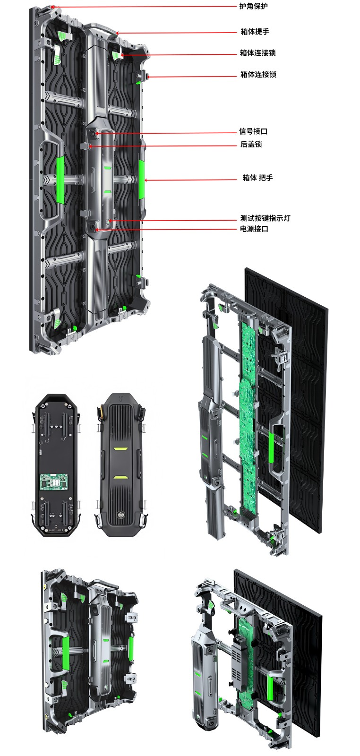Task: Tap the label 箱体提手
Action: (x=255, y=32)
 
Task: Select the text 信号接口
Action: (x=253, y=131)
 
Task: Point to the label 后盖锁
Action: (x=251, y=144)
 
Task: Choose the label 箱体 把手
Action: (x=257, y=178)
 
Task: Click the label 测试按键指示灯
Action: (x=265, y=218)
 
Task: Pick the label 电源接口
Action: (x=254, y=229)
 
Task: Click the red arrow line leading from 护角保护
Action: (x=142, y=7)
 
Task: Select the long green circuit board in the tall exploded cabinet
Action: (x=249, y=416)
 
